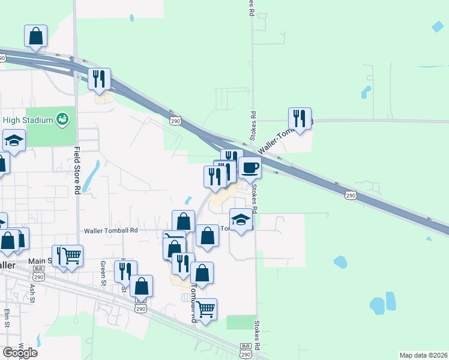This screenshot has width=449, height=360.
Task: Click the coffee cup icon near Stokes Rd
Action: [x=250, y=168]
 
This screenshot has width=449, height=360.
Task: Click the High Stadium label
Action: [x=28, y=120]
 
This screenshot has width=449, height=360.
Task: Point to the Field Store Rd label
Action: [x=77, y=170]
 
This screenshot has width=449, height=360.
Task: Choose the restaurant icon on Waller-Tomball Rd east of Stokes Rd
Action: [x=300, y=119]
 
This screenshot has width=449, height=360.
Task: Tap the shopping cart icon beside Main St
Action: [x=71, y=256]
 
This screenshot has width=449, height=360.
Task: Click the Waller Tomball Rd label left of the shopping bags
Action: [x=111, y=230]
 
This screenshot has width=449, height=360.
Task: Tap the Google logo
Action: [x=20, y=352]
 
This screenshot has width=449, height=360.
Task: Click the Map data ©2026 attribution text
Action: [x=423, y=355]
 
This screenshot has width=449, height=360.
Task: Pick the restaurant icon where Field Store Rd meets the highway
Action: [x=99, y=79]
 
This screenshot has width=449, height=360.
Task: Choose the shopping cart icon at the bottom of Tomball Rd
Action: [x=205, y=309]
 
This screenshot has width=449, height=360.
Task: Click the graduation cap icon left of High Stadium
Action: [x=14, y=141]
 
